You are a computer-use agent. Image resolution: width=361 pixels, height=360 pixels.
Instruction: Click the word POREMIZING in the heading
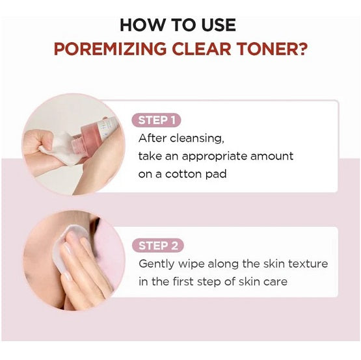(110, 49)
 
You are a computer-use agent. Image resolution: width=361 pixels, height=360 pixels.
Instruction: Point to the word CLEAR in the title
(202, 49)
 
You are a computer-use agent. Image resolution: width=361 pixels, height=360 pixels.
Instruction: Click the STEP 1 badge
(156, 120)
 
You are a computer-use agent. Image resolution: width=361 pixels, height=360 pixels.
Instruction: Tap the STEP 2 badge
(158, 246)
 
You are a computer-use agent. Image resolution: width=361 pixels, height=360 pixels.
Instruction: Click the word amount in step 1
(272, 156)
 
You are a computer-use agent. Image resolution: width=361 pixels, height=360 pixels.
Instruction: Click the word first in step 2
(183, 281)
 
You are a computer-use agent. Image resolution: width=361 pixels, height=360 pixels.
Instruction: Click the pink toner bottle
(94, 136)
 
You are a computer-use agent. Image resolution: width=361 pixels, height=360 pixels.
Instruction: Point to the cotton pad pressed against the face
(67, 248)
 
